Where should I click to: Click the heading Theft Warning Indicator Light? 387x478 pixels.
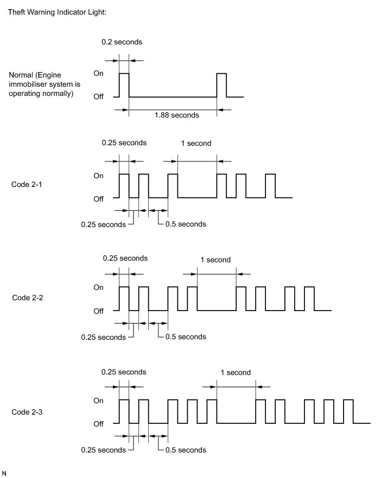coord(57,11)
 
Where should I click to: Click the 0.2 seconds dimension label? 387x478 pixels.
coord(118,42)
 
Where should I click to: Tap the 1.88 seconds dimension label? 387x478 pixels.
coord(177,115)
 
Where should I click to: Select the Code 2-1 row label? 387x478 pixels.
coord(27,185)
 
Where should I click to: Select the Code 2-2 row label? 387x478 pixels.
coord(27,298)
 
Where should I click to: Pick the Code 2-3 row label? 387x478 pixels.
coord(27,412)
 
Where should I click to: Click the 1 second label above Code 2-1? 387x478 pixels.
coord(196,144)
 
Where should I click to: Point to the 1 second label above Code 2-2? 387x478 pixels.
coord(215,260)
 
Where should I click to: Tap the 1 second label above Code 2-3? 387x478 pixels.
coord(236,372)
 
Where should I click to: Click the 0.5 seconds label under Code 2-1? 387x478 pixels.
coord(186,224)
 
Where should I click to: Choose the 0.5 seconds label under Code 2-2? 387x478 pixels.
coord(186,337)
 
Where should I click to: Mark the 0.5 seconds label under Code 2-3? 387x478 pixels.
coord(186,450)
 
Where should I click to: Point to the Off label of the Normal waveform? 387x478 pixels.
coord(99,97)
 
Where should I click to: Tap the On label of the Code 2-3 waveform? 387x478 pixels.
coord(99,401)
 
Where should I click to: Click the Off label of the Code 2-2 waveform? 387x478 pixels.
coord(99,311)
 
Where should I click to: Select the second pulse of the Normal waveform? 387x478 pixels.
coord(221,85)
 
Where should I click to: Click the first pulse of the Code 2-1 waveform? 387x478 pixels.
coord(124,186)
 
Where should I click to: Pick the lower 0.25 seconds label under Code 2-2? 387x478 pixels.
coord(103,337)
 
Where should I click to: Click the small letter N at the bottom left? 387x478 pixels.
coord(5,473)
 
